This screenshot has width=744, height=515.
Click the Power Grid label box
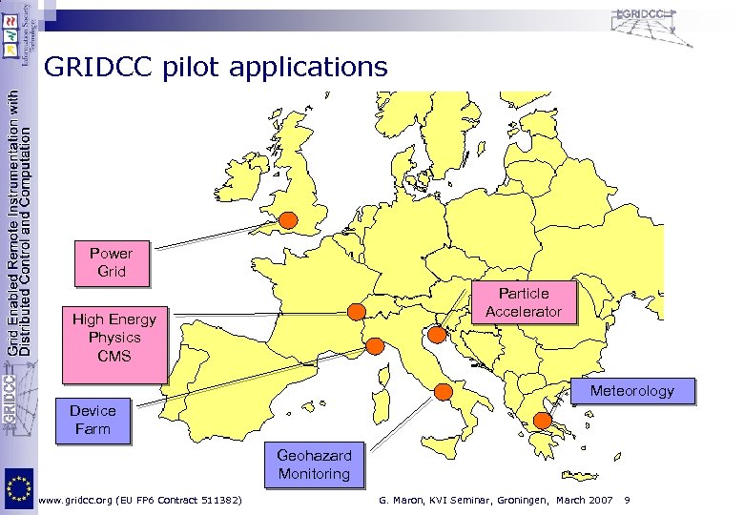[x=112, y=262]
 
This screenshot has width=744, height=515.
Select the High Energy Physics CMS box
[x=114, y=338]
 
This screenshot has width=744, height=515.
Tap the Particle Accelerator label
[x=524, y=302]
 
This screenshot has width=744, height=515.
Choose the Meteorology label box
[x=631, y=391]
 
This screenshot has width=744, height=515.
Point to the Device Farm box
[x=93, y=420]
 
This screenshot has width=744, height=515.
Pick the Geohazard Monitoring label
[x=314, y=464]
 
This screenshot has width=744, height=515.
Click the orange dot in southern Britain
[x=288, y=221]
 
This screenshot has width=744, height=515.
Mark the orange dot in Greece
[x=542, y=421]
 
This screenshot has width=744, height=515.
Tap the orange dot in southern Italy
[x=443, y=390]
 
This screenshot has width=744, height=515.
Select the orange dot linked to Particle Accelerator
[x=437, y=334]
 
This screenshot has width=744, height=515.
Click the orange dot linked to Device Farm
[x=375, y=345]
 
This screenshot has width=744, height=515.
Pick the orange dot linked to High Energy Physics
[x=356, y=311]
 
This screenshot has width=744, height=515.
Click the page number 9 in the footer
[x=627, y=500]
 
